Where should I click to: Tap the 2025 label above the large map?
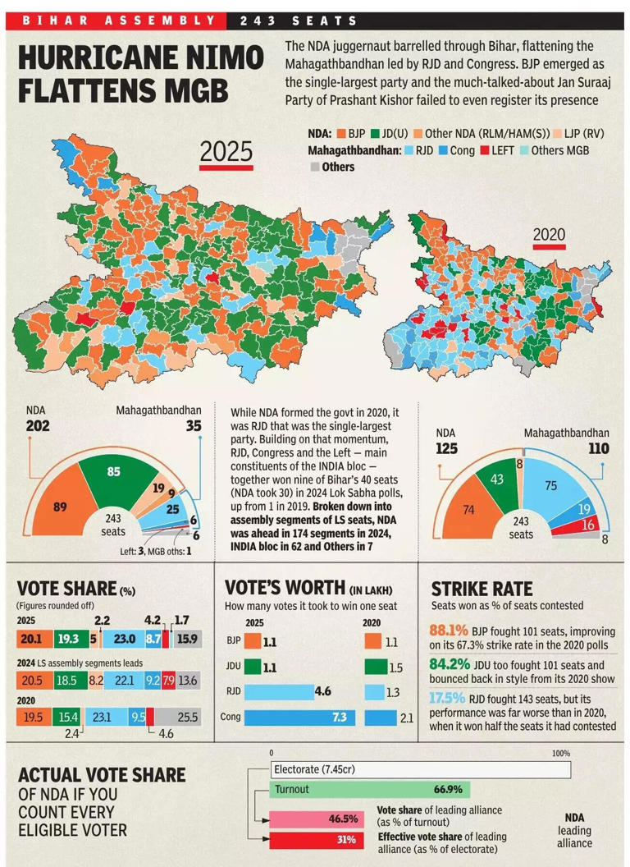click(226, 153)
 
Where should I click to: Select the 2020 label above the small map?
click(549, 235)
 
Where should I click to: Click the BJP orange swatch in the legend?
click(340, 133)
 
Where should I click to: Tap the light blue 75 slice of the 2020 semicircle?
click(550, 487)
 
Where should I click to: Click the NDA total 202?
click(38, 426)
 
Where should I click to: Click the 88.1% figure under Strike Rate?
click(448, 631)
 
